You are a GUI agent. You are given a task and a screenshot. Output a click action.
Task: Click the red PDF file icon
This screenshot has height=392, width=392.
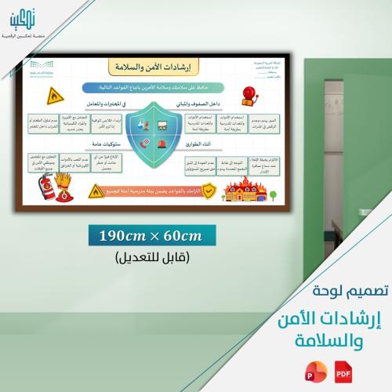click(x=343, y=368)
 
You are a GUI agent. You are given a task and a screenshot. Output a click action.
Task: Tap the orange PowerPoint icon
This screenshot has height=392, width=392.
click(x=322, y=368)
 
